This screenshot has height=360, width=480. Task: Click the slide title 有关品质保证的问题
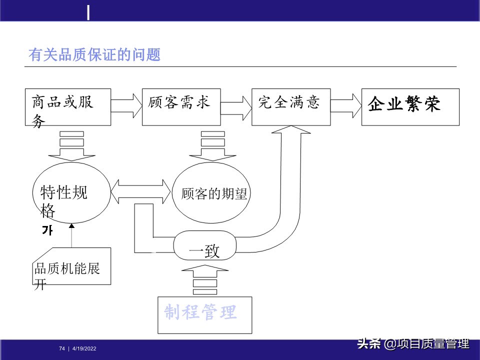[x=95, y=54]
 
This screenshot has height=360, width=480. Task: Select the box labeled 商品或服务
[x=67, y=107]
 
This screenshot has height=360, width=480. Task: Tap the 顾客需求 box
[x=181, y=107]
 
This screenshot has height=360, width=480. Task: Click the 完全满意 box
[x=290, y=107]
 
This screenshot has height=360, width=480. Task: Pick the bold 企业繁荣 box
[x=409, y=107]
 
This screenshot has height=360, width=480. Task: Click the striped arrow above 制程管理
[x=204, y=280]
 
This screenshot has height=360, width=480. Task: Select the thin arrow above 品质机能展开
[x=71, y=235]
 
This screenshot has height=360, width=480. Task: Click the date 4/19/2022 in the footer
[x=84, y=348]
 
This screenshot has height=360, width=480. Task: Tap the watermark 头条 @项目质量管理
[x=413, y=344]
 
